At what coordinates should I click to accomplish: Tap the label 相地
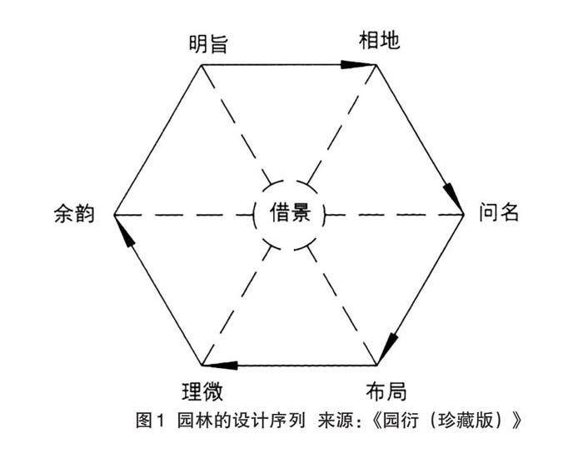coord(379,39)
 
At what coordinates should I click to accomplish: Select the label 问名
coord(499,213)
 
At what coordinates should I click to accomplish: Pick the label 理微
coord(202,389)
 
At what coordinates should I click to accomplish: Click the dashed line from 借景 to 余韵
coord(183,215)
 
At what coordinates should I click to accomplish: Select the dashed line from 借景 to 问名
coord(391,215)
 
